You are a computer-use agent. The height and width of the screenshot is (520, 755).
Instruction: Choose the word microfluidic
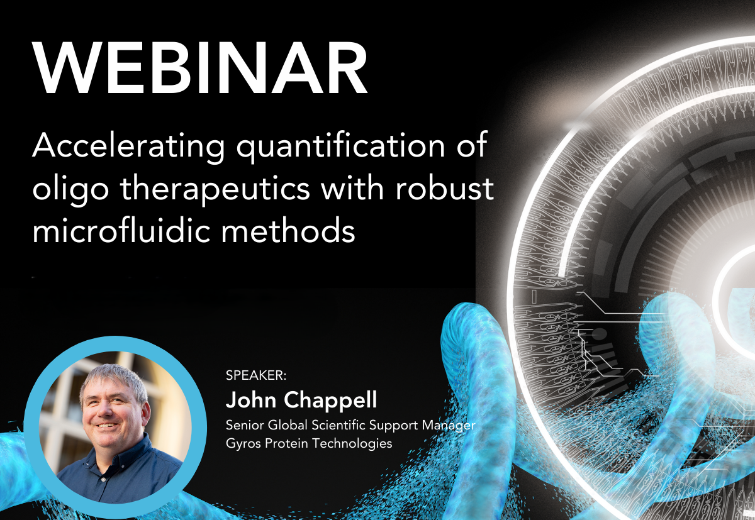point(125,231)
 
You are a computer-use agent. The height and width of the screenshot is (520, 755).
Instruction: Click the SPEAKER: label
point(256,375)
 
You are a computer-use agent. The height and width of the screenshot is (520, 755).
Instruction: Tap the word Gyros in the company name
point(243,444)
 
